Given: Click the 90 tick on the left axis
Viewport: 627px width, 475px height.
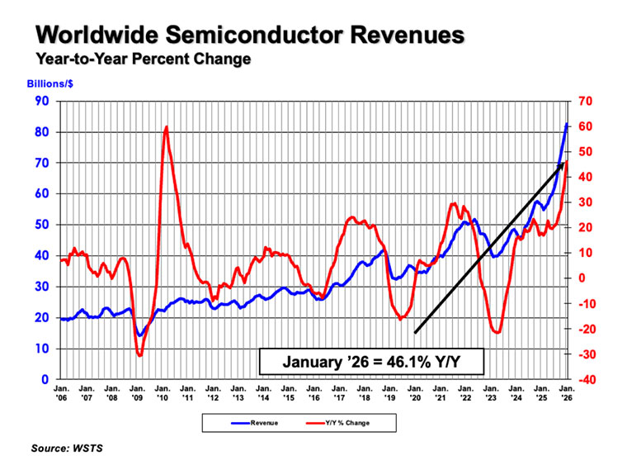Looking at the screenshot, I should [41, 101].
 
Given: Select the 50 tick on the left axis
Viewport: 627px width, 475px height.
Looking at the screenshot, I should [41, 225].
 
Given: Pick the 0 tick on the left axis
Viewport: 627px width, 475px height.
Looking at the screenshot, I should [45, 379].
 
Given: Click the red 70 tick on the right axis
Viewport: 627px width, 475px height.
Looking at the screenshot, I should [585, 101].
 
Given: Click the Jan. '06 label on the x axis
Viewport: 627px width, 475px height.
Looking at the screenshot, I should [61, 392].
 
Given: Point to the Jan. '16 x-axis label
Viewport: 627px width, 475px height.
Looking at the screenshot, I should [313, 392].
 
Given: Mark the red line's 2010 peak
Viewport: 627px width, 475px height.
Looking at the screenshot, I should [167, 126].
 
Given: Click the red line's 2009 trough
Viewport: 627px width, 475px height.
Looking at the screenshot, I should [139, 355].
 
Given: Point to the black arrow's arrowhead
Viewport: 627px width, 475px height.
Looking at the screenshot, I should [560, 166].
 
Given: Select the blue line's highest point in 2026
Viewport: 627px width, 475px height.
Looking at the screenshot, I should [567, 124].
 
